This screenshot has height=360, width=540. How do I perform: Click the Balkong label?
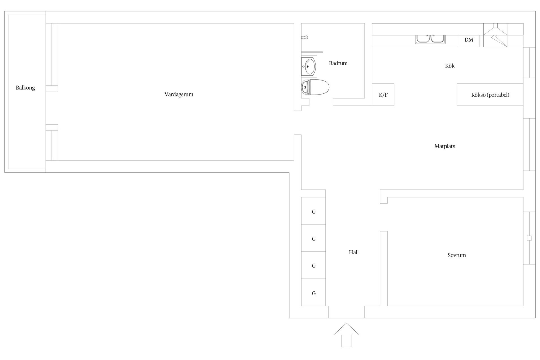coord(25,88)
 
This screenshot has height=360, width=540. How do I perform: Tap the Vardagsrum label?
coord(179,94)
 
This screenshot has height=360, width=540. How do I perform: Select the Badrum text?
coord(338,63)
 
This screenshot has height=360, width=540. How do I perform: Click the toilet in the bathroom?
coord(315,87)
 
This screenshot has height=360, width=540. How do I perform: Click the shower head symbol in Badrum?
coord(305,37)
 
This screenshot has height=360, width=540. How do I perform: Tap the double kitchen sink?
coord(430,39)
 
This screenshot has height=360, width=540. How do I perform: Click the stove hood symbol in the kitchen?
coord(495,35)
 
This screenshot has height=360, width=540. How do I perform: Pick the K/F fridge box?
coord(383,95)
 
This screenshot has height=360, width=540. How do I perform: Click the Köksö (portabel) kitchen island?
coord(490,95)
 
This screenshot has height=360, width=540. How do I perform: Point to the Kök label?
coord(450,66)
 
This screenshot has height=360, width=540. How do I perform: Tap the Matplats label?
coord(445,146)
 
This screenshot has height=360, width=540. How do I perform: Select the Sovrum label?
coord(457,255)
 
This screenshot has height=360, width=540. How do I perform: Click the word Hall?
coord(354,252)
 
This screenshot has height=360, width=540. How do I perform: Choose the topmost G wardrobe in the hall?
coord(314,211)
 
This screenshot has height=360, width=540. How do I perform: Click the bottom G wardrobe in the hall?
coord(314,292)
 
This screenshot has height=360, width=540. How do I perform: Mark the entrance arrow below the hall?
coord(346,335)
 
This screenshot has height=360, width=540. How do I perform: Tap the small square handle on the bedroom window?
coord(529,238)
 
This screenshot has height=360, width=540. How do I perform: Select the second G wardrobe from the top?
coord(314,238)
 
